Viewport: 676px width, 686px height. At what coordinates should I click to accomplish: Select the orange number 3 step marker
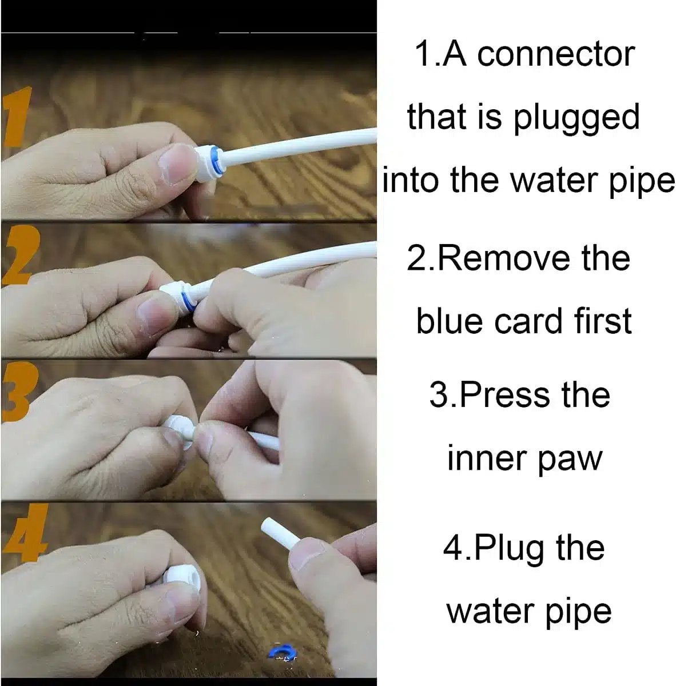pos(14,394)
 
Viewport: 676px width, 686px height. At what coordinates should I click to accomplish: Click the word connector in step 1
pos(556,54)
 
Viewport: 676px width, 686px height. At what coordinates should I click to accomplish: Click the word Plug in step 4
pos(502,549)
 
